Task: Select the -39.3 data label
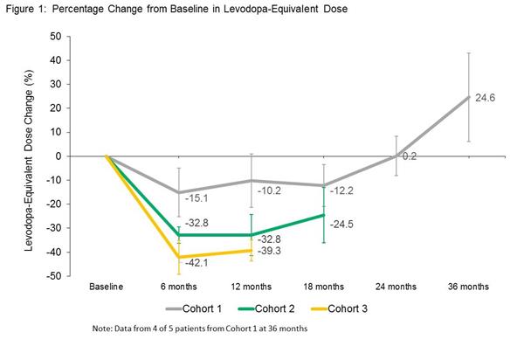268,251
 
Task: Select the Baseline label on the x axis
106,286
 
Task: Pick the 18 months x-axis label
324,286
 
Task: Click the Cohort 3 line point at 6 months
179,257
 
